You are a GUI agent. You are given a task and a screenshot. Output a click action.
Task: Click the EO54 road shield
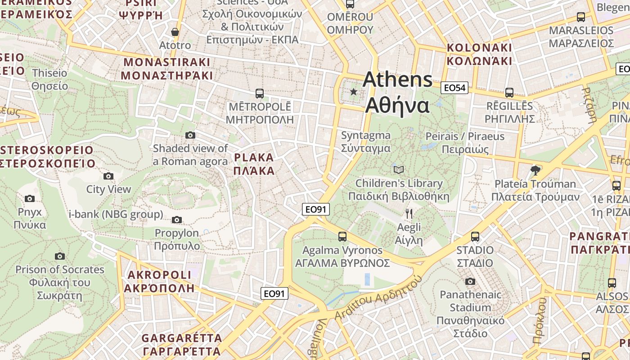(x=454, y=88)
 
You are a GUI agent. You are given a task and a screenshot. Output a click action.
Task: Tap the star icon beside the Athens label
(x=354, y=92)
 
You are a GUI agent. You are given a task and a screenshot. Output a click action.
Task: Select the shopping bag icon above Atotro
(x=175, y=32)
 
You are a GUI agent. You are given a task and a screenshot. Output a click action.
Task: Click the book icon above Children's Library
(x=399, y=170)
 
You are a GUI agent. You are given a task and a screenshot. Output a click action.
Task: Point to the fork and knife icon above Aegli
(x=409, y=213)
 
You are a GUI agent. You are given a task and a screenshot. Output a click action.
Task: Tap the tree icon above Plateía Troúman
(x=535, y=170)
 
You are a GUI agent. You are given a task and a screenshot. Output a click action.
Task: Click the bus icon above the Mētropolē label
(x=259, y=94)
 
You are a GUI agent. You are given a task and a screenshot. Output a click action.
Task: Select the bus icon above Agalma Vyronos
(x=342, y=236)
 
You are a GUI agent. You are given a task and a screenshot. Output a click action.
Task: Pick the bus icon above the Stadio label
(x=475, y=236)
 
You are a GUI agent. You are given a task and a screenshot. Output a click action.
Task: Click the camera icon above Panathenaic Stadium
(x=470, y=281)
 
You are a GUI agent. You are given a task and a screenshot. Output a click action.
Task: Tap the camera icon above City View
(x=108, y=176)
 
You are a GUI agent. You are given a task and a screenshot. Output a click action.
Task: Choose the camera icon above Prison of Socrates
(x=60, y=256)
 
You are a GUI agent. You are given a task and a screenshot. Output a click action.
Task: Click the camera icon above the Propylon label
(x=177, y=220)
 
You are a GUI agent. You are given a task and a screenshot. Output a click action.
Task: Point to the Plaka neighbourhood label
(x=254, y=164)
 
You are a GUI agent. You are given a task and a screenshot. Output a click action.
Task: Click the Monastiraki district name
(x=167, y=68)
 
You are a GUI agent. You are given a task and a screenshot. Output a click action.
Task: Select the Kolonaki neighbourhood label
(x=479, y=54)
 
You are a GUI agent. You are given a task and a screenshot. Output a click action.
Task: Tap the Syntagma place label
(x=366, y=142)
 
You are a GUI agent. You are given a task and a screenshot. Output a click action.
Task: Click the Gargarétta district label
(x=182, y=344)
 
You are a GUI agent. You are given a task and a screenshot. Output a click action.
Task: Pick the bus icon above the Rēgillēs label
(x=509, y=93)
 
